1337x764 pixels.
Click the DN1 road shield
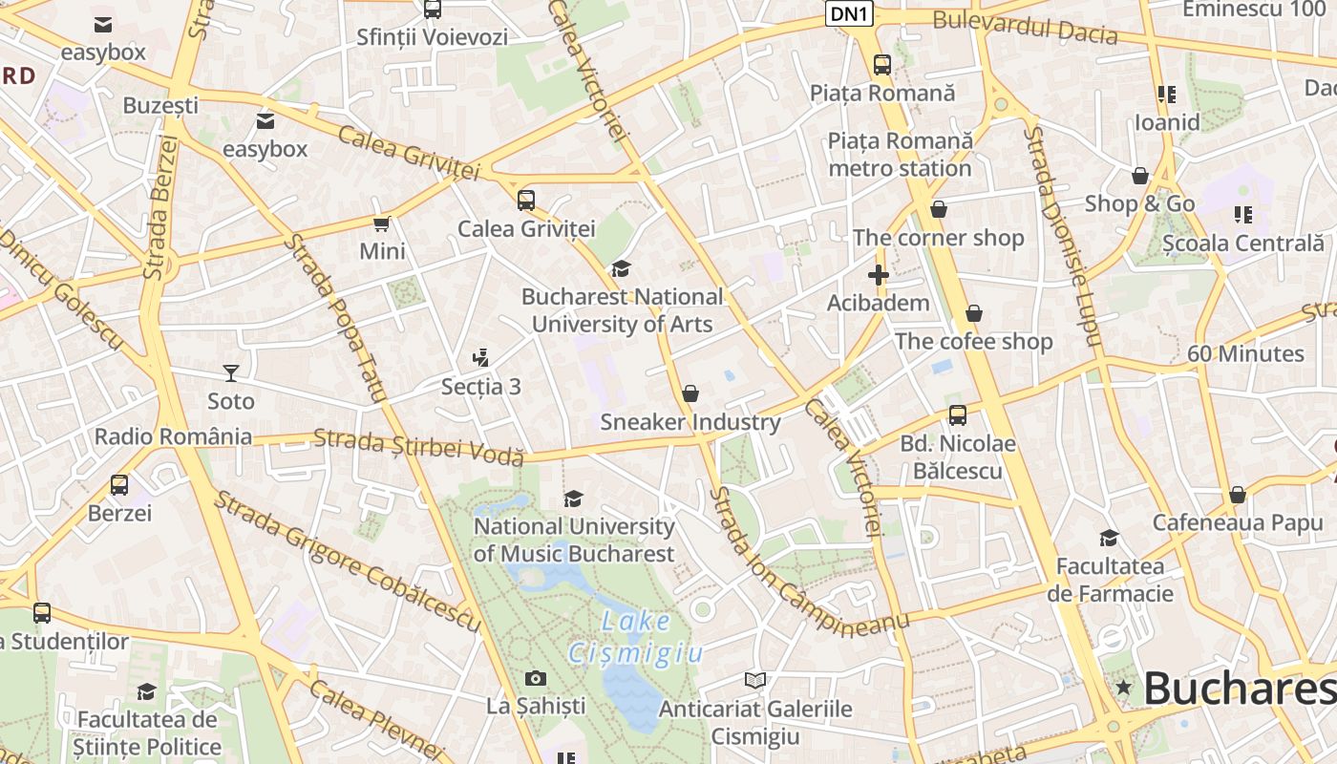coord(849,13)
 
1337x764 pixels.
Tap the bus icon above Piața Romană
coord(882,65)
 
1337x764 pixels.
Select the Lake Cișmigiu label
coord(636,637)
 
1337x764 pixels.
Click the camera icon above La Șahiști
coord(536,678)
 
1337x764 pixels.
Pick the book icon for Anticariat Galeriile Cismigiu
coord(755,680)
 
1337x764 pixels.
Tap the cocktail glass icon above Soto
coord(230,372)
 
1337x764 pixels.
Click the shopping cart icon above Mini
coord(382,223)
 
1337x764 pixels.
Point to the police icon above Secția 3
coord(481,358)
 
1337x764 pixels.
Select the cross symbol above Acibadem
coord(878,275)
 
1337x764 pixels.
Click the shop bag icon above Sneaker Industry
coord(690,393)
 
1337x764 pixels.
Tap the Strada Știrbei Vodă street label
coord(418,447)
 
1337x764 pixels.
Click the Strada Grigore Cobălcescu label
coord(346,561)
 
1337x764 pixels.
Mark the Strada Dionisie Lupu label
coord(1062,235)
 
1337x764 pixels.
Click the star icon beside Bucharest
coord(1123,688)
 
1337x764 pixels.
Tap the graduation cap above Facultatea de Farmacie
coord(1109,539)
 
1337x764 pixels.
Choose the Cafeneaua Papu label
coord(1238,522)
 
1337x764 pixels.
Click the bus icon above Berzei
coord(119,485)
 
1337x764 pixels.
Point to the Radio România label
coord(173,437)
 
